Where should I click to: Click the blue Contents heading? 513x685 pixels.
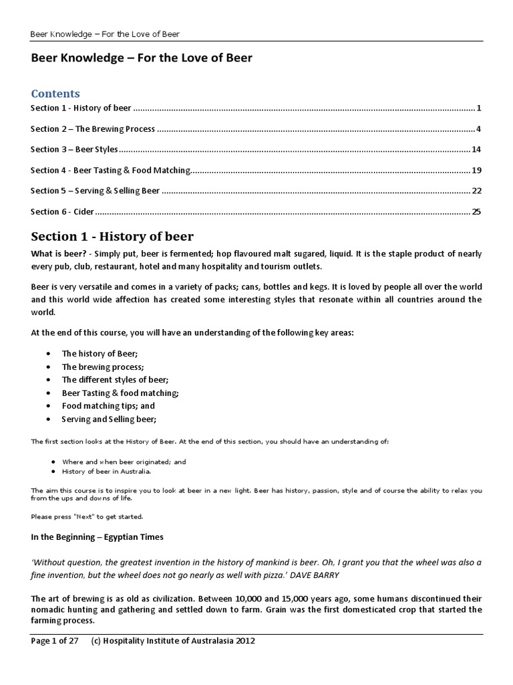pyautogui.click(x=55, y=93)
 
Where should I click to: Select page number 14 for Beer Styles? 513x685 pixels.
pyautogui.click(x=476, y=149)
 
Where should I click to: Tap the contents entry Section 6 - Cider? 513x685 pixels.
pyautogui.click(x=62, y=212)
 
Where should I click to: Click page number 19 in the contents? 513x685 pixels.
pyautogui.click(x=476, y=171)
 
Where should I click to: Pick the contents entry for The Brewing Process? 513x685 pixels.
pyautogui.click(x=93, y=128)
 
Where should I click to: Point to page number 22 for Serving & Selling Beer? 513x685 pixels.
pyautogui.click(x=476, y=191)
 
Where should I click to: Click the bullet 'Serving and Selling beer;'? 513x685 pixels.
pyautogui.click(x=109, y=419)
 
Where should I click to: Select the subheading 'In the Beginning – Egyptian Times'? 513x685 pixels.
pyautogui.click(x=97, y=536)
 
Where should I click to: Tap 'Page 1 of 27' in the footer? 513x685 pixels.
pyautogui.click(x=55, y=641)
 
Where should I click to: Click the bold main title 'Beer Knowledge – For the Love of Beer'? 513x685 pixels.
pyautogui.click(x=142, y=58)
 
